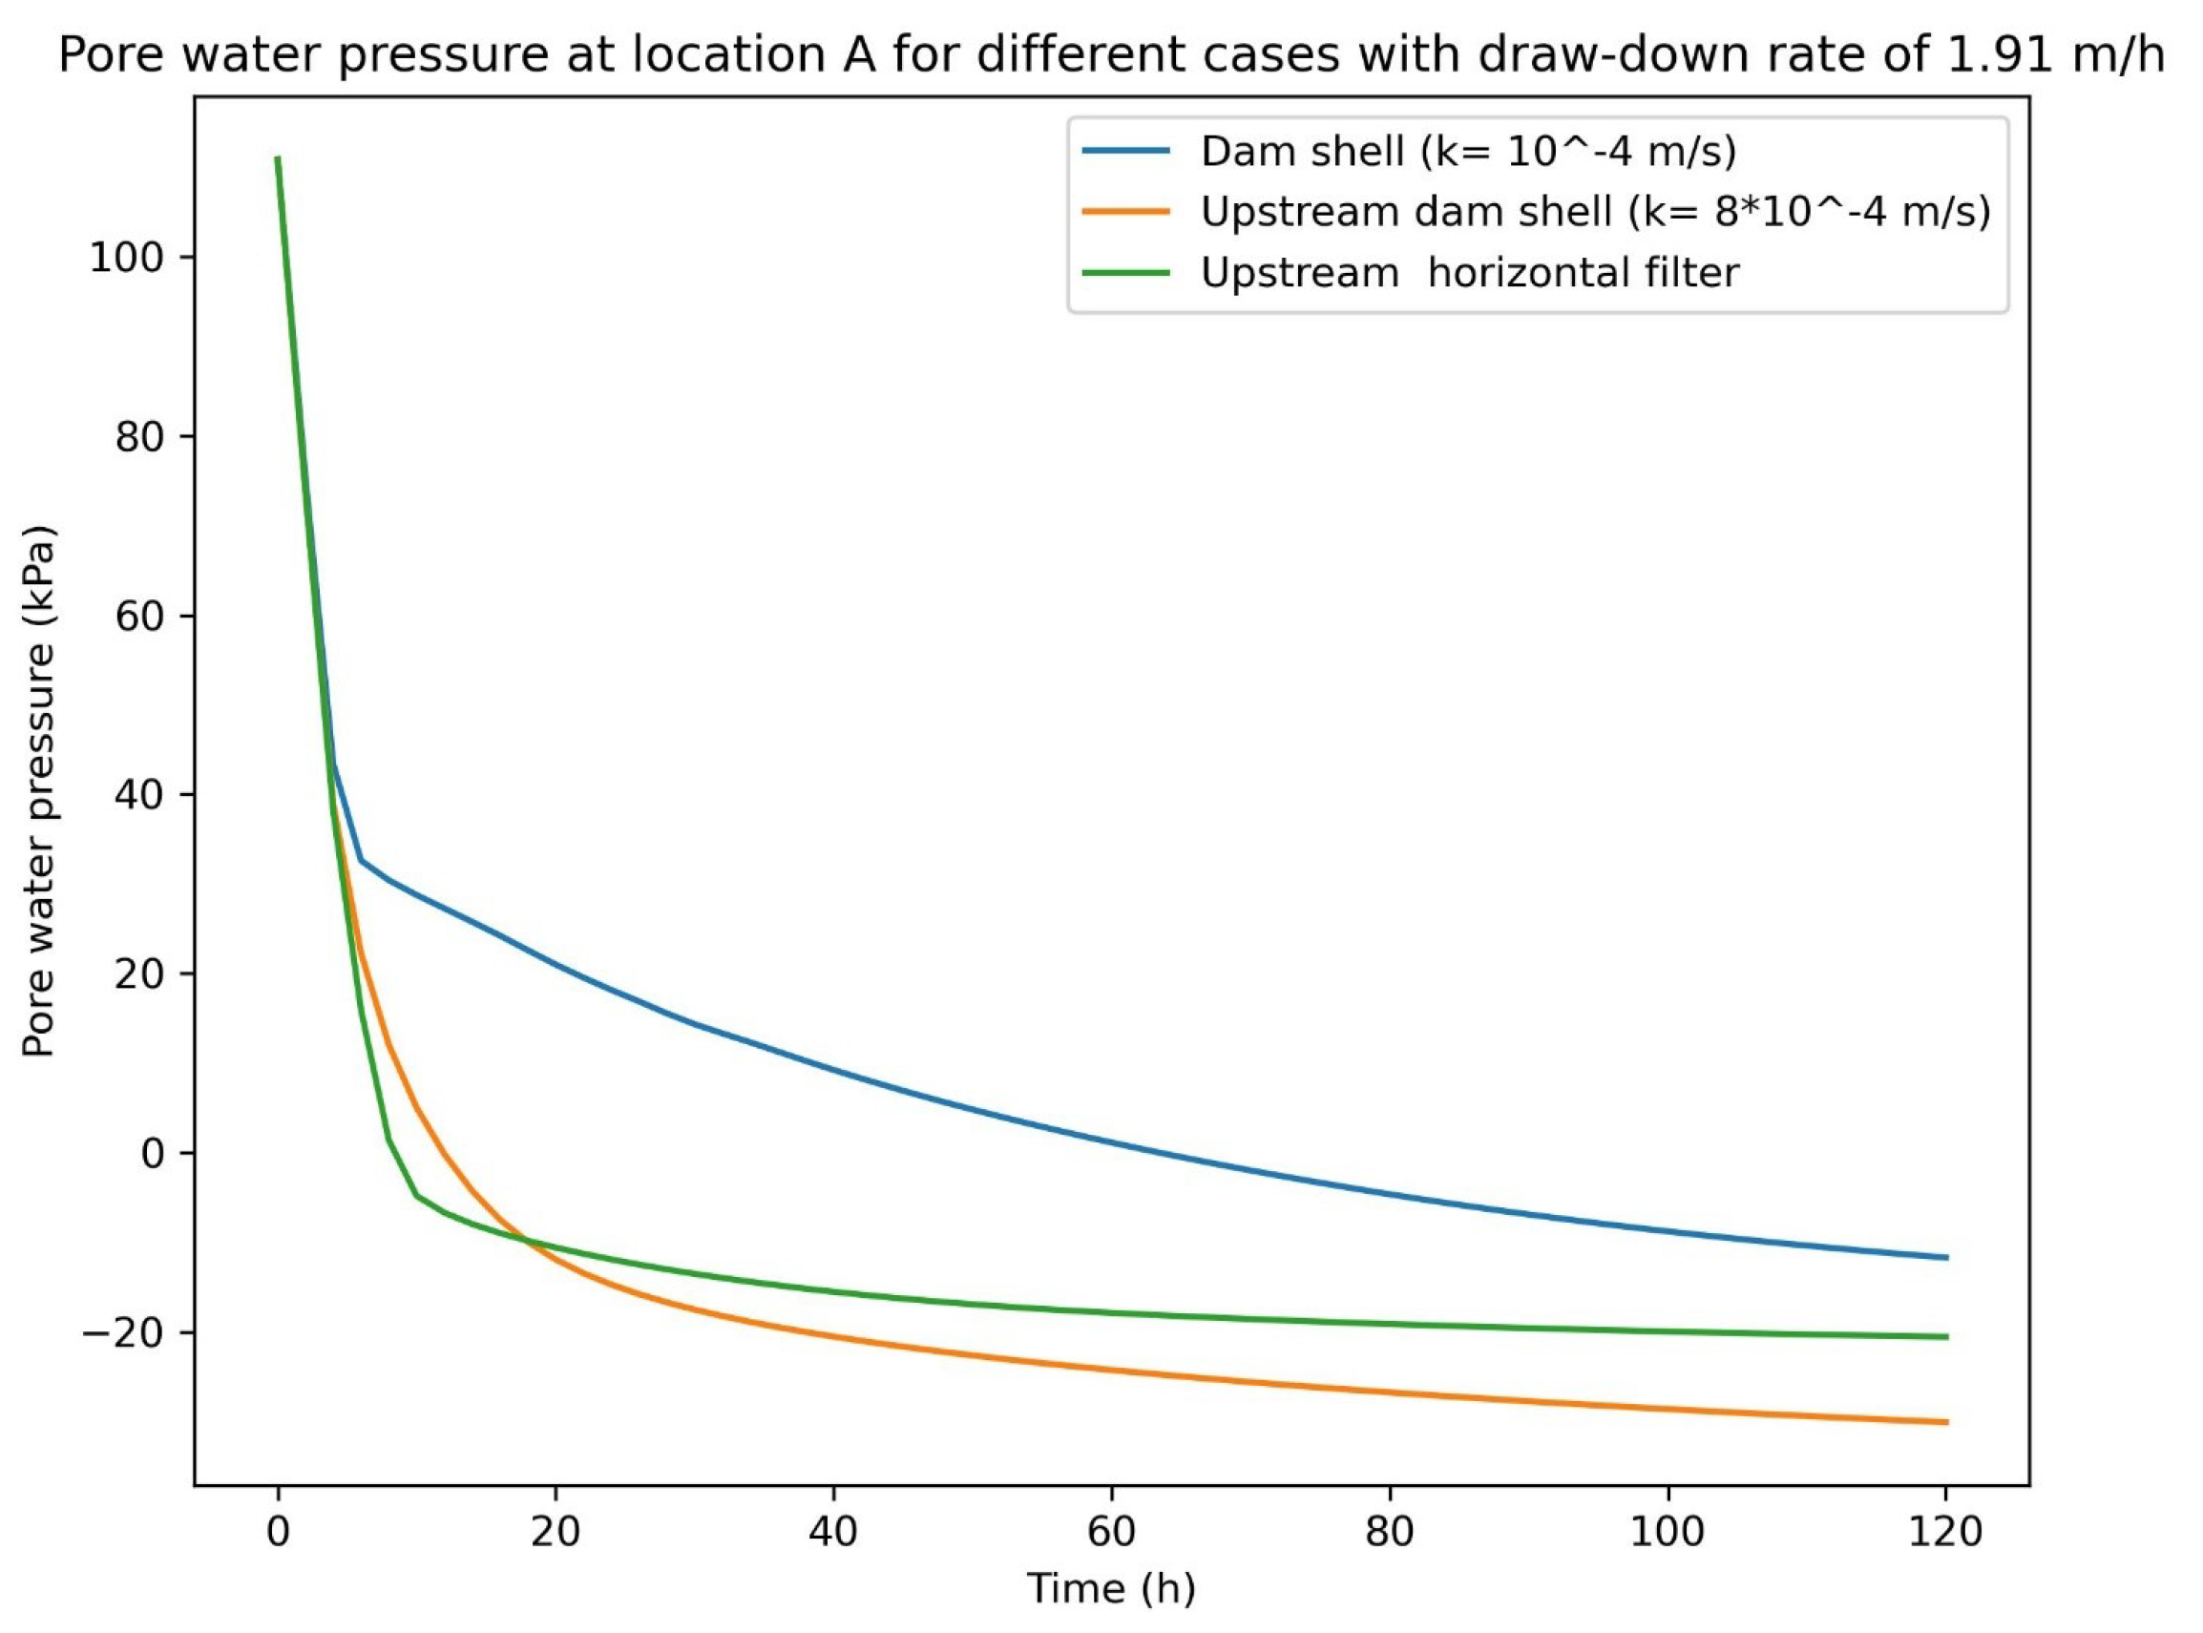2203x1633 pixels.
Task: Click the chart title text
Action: pyautogui.click(x=1111, y=56)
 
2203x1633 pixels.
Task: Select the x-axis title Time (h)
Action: pyautogui.click(x=1111, y=1588)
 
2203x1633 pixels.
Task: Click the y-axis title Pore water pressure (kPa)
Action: pyautogui.click(x=39, y=791)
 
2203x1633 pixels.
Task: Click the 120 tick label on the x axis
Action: pyautogui.click(x=1946, y=1531)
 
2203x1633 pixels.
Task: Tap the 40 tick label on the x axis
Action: pyautogui.click(x=834, y=1531)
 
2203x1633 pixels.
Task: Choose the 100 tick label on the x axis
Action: pyautogui.click(x=1668, y=1531)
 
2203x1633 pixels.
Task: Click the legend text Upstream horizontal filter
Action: pyautogui.click(x=1470, y=273)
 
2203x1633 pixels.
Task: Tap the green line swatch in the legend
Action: pyautogui.click(x=1125, y=273)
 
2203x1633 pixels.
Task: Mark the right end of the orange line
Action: pyautogui.click(x=1946, y=1422)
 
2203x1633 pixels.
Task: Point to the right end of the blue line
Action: pyautogui.click(x=1946, y=1257)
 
